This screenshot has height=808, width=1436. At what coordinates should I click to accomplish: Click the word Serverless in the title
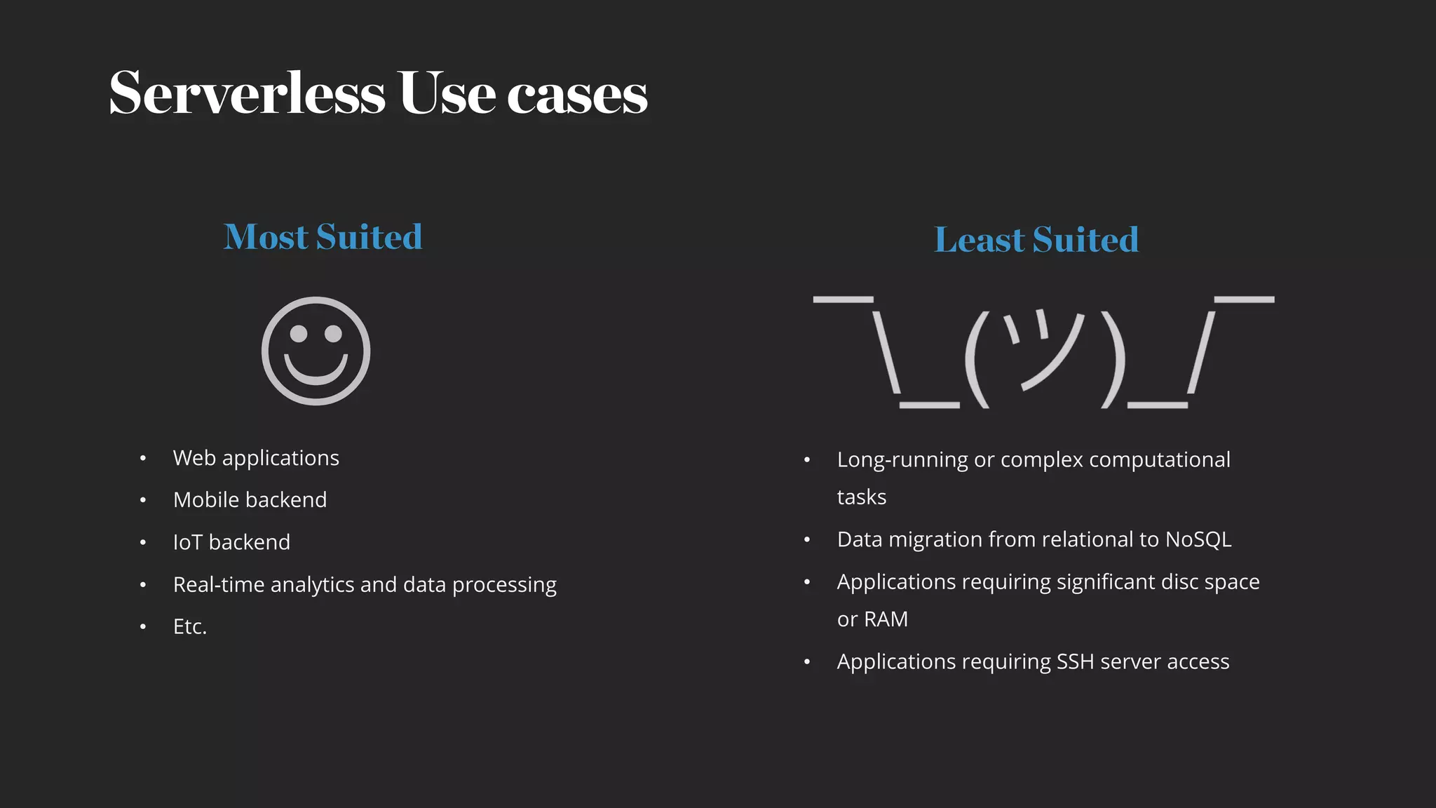[x=248, y=93]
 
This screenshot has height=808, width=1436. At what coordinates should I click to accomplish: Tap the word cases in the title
[x=577, y=95]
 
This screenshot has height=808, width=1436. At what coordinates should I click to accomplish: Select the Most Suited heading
[x=323, y=237]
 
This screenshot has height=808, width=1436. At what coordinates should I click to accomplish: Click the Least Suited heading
[x=1036, y=240]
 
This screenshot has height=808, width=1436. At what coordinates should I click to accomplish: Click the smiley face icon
[x=316, y=351]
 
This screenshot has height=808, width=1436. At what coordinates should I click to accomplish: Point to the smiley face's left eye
[x=299, y=334]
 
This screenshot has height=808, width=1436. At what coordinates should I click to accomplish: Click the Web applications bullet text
[x=256, y=458]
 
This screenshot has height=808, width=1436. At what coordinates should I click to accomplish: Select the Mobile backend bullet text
[x=250, y=500]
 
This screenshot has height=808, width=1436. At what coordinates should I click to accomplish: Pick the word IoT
[x=187, y=542]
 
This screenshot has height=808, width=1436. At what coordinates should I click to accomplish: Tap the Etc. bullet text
[x=190, y=627]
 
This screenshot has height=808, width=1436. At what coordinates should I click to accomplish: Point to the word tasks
[x=862, y=497]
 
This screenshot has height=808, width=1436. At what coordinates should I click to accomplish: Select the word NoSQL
[x=1198, y=539]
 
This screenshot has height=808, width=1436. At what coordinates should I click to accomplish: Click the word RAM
[x=886, y=619]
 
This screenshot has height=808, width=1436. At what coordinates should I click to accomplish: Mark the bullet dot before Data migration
[x=807, y=540]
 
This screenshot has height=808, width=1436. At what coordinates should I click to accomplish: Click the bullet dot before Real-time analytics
[x=143, y=585]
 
